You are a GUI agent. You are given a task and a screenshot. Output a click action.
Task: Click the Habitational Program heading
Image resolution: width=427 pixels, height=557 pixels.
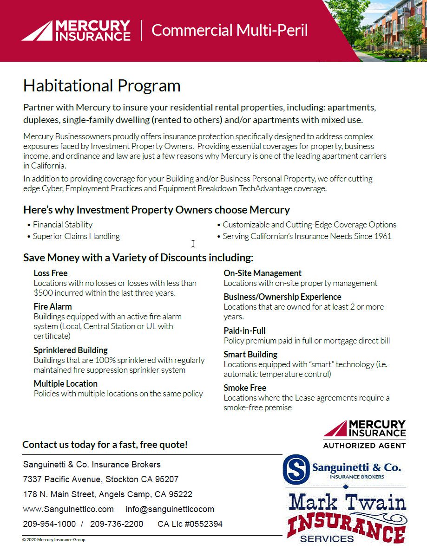102,86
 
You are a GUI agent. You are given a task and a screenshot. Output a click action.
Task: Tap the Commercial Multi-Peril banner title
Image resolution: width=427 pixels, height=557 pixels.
230,30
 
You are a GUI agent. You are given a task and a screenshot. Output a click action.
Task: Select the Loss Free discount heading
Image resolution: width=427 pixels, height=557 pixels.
51,273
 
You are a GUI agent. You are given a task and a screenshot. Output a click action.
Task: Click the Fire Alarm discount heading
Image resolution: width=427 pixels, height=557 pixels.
53,306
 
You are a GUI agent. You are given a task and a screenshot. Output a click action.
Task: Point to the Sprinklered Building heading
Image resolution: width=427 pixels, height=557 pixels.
71,350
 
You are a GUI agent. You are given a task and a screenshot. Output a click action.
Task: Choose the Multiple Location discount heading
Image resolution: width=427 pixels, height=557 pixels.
66,383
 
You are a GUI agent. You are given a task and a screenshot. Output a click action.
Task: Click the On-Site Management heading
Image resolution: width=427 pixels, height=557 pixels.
263,273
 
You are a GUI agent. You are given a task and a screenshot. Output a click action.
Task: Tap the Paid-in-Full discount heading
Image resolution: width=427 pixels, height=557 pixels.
244,330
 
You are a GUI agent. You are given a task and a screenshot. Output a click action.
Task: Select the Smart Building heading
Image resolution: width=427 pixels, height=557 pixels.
250,354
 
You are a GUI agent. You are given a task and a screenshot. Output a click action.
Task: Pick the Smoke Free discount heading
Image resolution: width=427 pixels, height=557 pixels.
245,388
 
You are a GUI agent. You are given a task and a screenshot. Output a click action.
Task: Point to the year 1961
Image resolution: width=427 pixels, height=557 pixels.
382,236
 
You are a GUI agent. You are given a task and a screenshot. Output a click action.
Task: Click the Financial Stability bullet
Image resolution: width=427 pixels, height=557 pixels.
63,225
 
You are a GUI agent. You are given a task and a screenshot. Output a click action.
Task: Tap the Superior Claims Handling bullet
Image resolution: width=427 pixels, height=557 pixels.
76,236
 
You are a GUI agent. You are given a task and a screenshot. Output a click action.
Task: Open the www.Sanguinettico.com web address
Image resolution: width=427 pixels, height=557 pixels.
68,509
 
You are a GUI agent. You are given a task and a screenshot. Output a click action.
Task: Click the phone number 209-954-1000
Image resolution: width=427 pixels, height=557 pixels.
49,524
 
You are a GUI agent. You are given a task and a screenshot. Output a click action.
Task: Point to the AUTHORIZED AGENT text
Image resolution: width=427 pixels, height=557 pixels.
364,445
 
